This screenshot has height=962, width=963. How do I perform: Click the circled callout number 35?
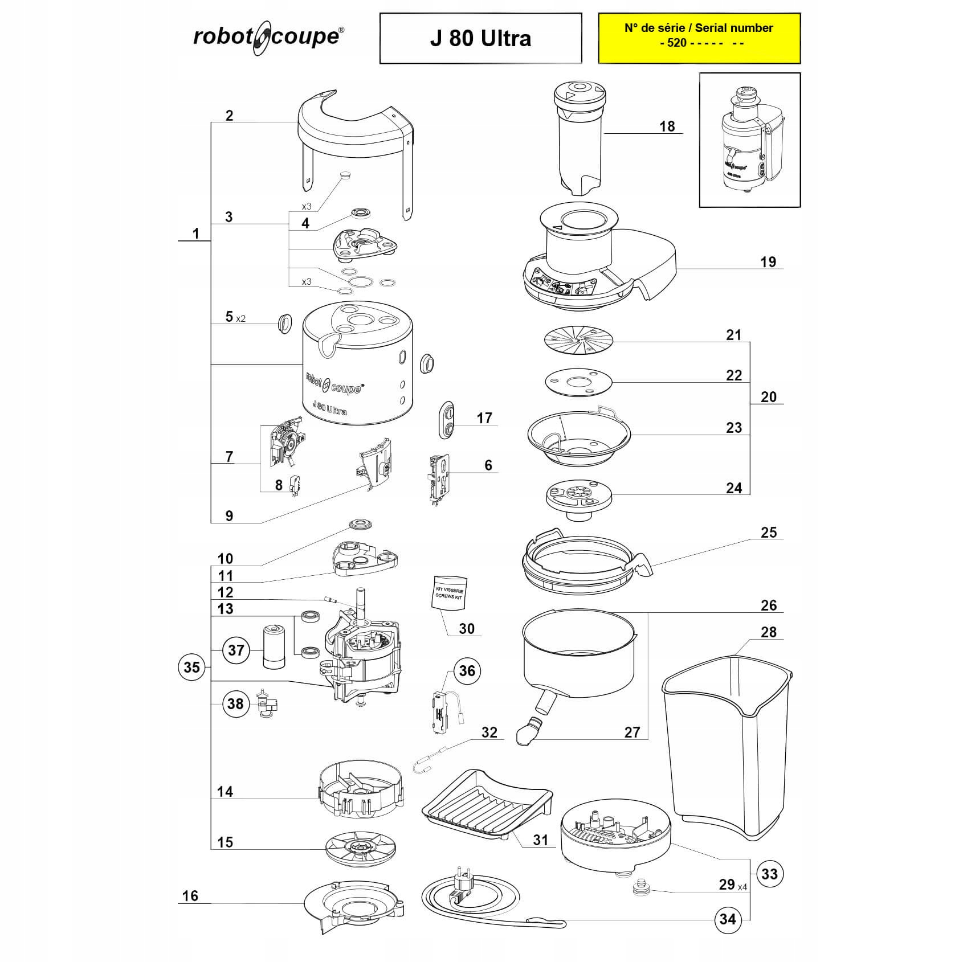pos(191,667)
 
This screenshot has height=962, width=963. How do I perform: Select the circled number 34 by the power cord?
pos(728,919)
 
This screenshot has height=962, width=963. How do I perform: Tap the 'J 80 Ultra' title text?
pos(480,38)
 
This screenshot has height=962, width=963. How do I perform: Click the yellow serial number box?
pos(699,38)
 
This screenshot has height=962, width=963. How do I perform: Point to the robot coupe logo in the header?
pos(268,37)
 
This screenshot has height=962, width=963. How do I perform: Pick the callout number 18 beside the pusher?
pos(667,126)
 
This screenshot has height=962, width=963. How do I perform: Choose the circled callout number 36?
pos(467,670)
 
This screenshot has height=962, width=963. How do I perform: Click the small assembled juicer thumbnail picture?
pos(749,140)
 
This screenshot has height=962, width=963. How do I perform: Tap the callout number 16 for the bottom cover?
pos(190,896)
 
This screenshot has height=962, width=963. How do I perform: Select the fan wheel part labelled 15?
pos(361,849)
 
